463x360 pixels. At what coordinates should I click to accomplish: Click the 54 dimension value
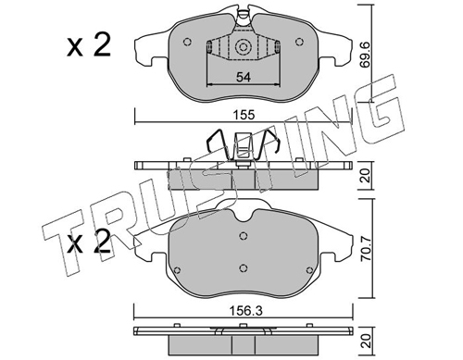tap(244, 77)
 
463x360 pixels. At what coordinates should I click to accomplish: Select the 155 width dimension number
tap(244, 115)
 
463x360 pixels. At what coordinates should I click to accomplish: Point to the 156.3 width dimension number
tap(247, 311)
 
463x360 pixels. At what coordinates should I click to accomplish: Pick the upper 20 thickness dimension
tap(366, 175)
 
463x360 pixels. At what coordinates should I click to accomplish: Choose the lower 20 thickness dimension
tap(366, 341)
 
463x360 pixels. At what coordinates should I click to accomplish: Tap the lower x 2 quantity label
tap(89, 242)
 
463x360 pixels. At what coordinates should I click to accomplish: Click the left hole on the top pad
tap(187, 42)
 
